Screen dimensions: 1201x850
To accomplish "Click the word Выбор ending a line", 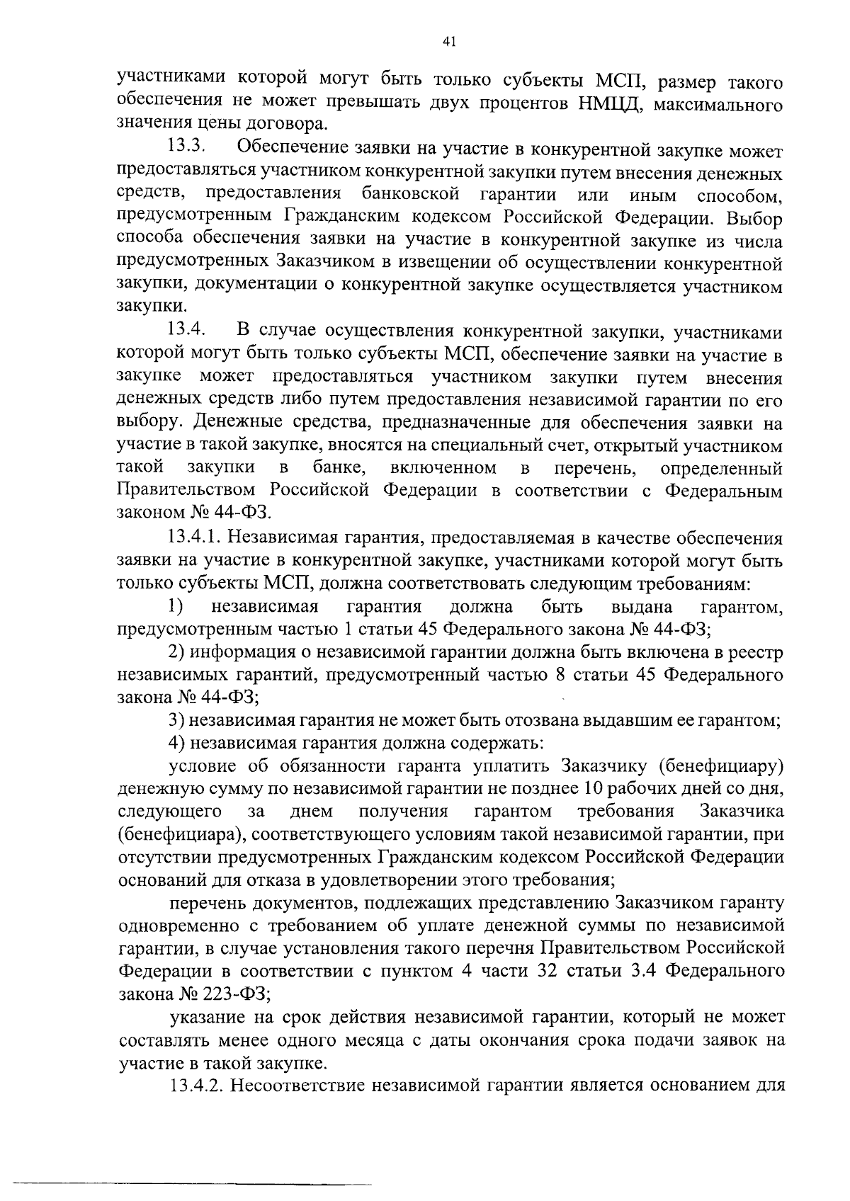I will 754,219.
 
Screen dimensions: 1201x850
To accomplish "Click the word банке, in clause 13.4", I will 339,469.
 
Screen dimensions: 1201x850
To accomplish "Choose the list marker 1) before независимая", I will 176,607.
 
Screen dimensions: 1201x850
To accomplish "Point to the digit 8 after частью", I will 560,676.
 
